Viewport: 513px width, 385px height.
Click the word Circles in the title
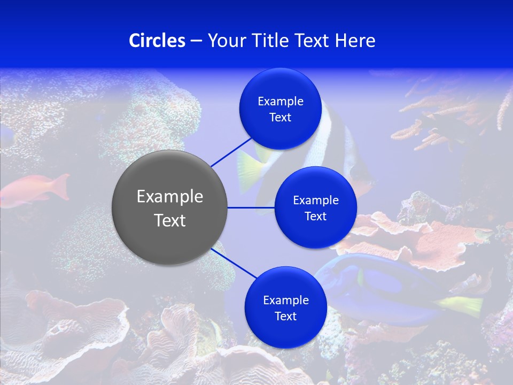[x=157, y=41]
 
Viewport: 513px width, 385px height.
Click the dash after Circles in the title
[x=196, y=41]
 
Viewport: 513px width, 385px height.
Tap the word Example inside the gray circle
[x=170, y=197]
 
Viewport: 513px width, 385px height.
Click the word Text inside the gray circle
[x=170, y=220]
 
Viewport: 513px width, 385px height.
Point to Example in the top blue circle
[x=280, y=102]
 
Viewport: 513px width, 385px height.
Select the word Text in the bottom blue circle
[x=285, y=316]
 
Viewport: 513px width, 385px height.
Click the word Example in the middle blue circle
[x=315, y=201]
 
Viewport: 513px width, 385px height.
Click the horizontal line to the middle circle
[x=251, y=207]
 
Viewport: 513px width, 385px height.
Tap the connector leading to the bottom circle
[x=234, y=263]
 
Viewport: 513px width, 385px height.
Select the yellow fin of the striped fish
[x=251, y=166]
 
